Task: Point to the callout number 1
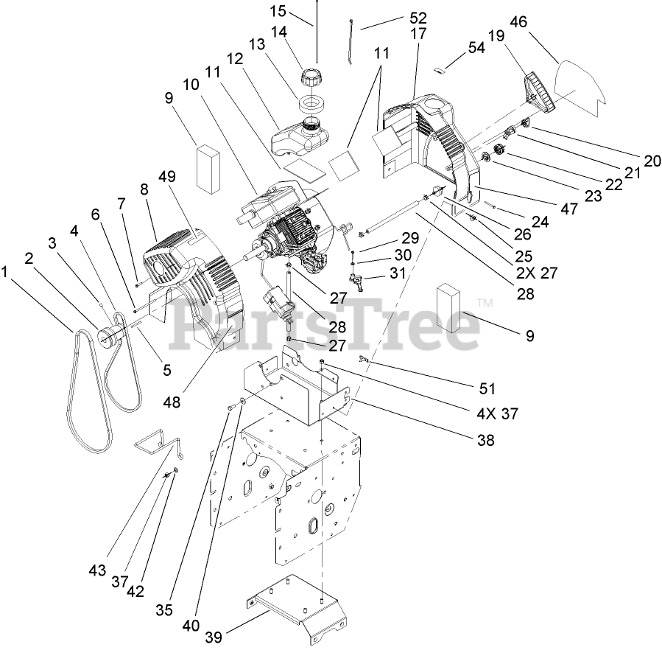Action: [x=7, y=272]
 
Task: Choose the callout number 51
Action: [x=487, y=388]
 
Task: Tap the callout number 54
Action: [x=476, y=47]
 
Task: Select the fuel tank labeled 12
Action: [x=298, y=137]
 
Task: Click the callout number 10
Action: [x=191, y=85]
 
